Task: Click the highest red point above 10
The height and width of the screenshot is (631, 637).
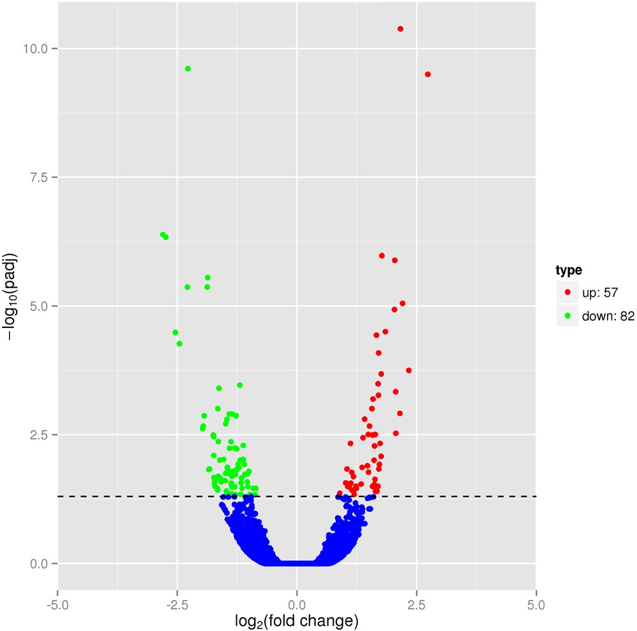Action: click(400, 29)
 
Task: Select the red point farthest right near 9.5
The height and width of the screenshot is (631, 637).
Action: click(427, 74)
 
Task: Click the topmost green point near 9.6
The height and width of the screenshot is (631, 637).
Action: click(187, 69)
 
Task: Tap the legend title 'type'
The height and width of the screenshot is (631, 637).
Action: click(569, 271)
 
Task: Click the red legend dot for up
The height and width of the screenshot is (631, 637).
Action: click(568, 293)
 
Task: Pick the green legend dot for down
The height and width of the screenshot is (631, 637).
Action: click(568, 315)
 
